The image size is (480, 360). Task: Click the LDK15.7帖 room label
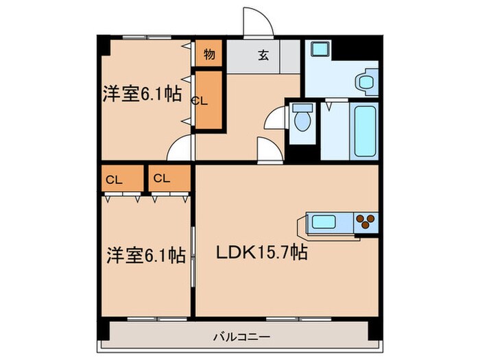click(x=262, y=253)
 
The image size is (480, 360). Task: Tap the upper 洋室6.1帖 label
click(x=143, y=94)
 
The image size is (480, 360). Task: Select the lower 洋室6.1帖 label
click(x=145, y=256)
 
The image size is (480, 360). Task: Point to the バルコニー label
click(x=240, y=337)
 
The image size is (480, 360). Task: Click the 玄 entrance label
click(x=263, y=57)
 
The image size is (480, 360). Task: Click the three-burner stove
click(x=365, y=221)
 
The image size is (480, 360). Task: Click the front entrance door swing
click(x=259, y=25)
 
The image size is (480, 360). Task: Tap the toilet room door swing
click(x=276, y=117)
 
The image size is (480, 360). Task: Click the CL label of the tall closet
click(x=200, y=100)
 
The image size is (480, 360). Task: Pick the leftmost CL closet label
click(x=114, y=180)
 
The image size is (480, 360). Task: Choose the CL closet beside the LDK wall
click(x=162, y=179)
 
